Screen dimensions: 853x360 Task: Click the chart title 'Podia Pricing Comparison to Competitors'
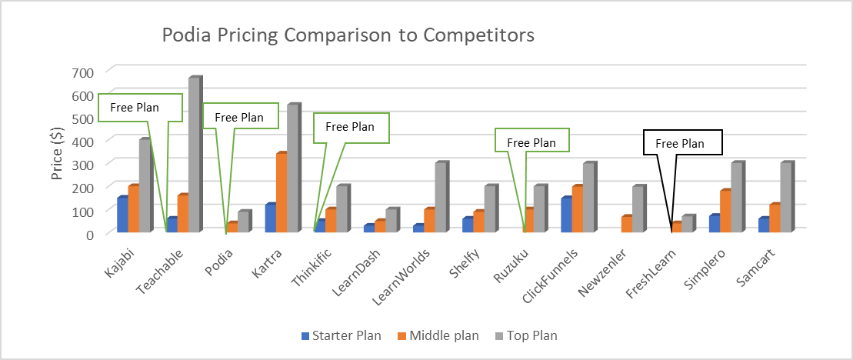348,35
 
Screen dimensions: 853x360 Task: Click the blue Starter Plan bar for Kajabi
122,215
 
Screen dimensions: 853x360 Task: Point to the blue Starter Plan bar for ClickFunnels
567,215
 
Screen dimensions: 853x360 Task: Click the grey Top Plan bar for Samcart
787,197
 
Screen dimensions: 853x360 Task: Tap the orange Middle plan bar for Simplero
725,211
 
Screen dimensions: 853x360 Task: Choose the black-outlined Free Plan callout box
683,142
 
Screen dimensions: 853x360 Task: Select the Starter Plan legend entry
342,335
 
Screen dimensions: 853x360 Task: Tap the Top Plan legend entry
527,335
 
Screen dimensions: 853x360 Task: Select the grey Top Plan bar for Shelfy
491,208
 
